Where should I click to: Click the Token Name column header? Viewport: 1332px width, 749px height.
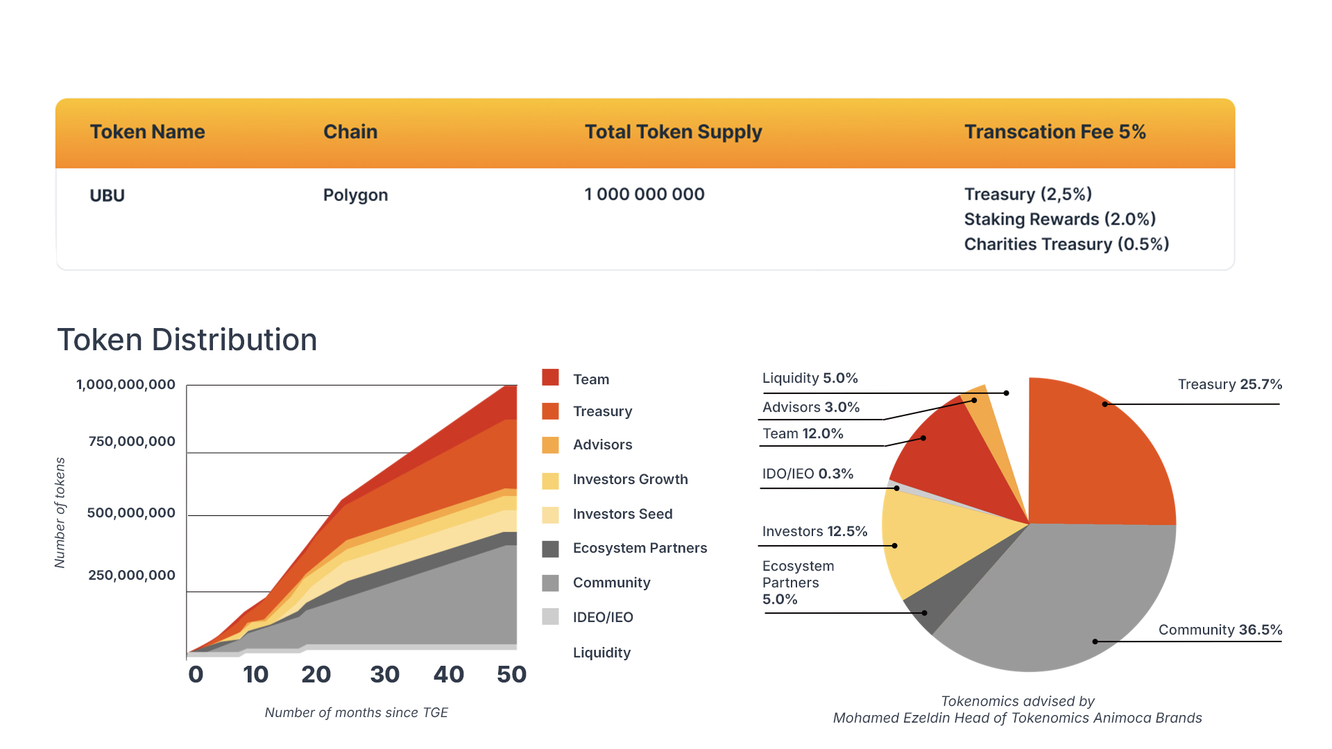147,132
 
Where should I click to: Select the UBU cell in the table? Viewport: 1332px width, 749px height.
107,196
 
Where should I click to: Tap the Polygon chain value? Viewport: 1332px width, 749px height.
355,196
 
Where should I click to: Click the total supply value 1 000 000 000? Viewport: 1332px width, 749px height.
644,194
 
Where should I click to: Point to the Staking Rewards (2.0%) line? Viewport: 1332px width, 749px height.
1060,219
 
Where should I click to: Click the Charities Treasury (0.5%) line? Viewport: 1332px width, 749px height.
1066,244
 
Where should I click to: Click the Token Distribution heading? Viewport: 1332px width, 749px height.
187,340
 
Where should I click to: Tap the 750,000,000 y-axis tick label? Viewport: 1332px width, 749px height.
132,441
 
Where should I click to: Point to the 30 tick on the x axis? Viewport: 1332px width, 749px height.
384,674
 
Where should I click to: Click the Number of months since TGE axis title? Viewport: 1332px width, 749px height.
356,712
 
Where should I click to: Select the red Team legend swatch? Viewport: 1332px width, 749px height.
550,377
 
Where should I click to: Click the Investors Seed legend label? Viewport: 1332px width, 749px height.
622,514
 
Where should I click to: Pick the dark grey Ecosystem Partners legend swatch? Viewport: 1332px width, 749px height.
550,549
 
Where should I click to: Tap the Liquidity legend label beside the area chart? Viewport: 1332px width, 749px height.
601,653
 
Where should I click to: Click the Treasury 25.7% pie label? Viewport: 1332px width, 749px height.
1230,384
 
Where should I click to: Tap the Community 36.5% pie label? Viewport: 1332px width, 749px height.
1220,630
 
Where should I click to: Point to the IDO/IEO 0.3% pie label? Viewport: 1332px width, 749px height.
808,474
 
